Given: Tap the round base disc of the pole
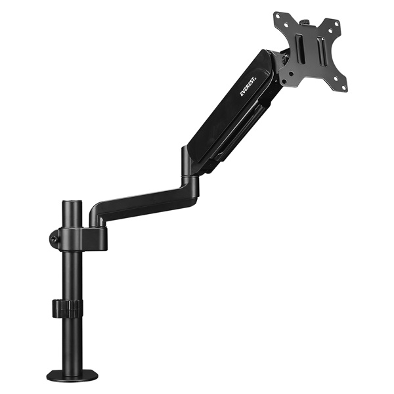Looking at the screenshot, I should [x=72, y=375].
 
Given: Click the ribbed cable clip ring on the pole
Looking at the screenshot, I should [x=68, y=307].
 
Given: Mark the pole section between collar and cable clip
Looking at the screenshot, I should [x=72, y=276].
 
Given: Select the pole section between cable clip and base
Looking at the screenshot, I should [x=72, y=341].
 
